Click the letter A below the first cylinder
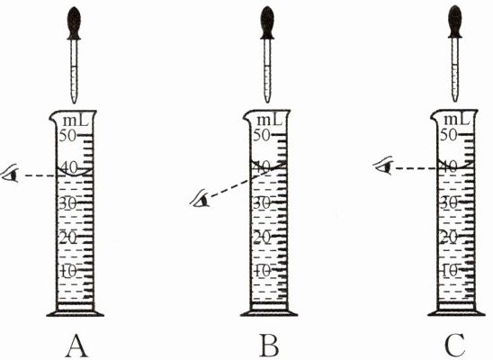point(76,346)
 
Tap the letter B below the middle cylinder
point(270,346)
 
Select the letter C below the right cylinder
point(454,346)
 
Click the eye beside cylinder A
point(11,174)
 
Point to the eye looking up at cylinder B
point(200,198)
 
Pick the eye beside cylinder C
point(383,165)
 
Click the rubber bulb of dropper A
point(74,23)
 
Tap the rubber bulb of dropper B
point(267,23)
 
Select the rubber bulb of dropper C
point(455,22)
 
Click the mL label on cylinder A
point(76,121)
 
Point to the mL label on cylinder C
point(457,120)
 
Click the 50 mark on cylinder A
point(67,136)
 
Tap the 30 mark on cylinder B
point(262,203)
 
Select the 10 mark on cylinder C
point(450,270)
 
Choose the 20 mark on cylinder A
point(68,237)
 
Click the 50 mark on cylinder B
point(262,136)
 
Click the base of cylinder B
point(269,313)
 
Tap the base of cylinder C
point(456,312)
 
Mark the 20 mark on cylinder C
point(449,238)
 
